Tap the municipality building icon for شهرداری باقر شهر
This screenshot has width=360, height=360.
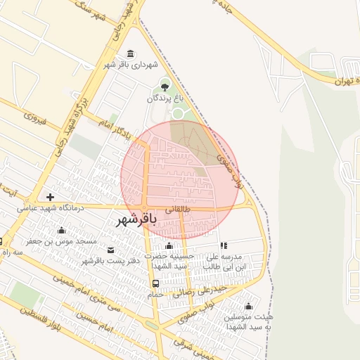pos(130,54)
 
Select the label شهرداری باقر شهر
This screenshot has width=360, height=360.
pos(129,65)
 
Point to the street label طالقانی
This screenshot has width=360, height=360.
pos(179,210)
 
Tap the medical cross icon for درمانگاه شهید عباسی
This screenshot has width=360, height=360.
pos(49,197)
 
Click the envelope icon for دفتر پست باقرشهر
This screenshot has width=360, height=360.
pos(110,250)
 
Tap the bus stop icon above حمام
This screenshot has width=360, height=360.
pos(155,283)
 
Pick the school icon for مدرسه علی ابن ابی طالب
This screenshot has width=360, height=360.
pos(224,246)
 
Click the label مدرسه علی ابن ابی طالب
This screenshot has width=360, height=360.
pos(225,262)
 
